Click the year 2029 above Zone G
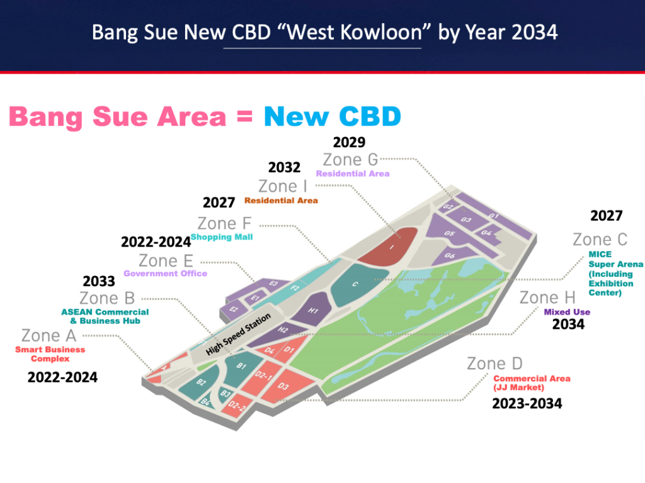pos(349,142)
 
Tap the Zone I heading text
pos(283,186)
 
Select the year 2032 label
pos(284,167)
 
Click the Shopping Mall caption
pos(222,237)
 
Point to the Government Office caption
pos(166,274)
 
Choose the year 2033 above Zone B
pos(99,281)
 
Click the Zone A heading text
pos(49,336)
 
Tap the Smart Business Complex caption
pos(50,354)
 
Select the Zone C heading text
pos(600,240)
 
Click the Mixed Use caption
pos(567,312)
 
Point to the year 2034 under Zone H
pos(568,325)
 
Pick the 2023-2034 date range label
pos(527,404)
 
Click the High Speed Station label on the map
pos(238,334)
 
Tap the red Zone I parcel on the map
pos(389,246)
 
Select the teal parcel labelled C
pos(357,284)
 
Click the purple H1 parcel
pos(312,310)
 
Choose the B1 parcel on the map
pos(240,368)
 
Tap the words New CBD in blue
pos(333,116)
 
